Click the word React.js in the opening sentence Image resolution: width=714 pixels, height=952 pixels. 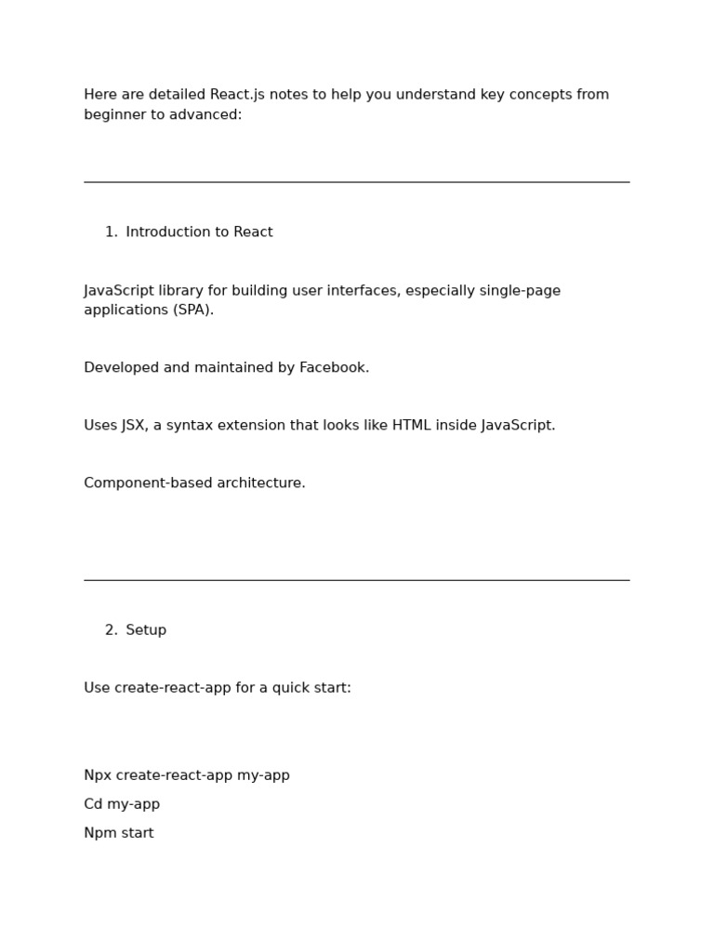click(237, 95)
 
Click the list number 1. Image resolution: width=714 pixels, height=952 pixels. click(111, 232)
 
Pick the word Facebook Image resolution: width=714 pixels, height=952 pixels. click(334, 368)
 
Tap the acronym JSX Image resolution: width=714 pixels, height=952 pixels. click(133, 426)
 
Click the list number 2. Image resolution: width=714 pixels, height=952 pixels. click(111, 630)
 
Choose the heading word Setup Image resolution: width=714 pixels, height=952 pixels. click(146, 630)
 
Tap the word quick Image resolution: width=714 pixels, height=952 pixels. click(272, 688)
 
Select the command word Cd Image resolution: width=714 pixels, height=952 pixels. click(94, 804)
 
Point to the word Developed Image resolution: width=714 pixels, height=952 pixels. click(121, 368)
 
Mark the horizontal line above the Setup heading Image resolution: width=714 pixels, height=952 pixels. click(356, 580)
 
